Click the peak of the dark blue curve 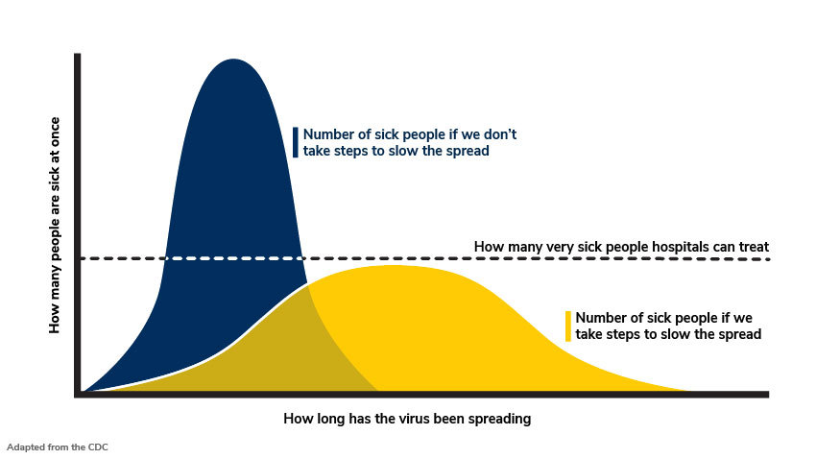click(x=232, y=60)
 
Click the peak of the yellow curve click(x=396, y=266)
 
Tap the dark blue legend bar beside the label click(x=296, y=142)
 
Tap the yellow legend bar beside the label click(x=568, y=326)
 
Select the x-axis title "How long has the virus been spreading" click(x=407, y=419)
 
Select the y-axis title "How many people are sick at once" click(x=55, y=225)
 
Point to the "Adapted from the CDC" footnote click(x=58, y=447)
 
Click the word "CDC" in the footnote click(x=98, y=447)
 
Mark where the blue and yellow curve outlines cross click(x=307, y=284)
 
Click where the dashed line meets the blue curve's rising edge click(x=165, y=258)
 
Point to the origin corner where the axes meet click(x=78, y=395)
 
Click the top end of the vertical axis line click(x=78, y=54)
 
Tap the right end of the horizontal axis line click(x=768, y=395)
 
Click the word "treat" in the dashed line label click(x=754, y=247)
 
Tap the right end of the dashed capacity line click(x=769, y=258)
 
